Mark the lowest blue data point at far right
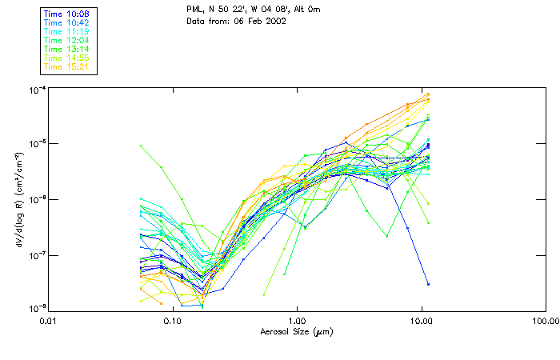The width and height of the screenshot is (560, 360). click(x=428, y=284)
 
